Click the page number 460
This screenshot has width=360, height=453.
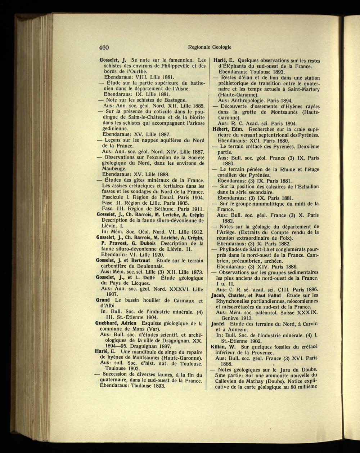point(104,47)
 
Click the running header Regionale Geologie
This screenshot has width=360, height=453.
point(210,47)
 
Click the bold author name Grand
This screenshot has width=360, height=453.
point(103,300)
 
